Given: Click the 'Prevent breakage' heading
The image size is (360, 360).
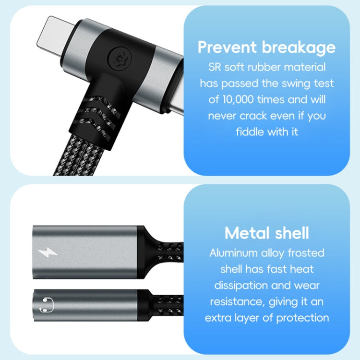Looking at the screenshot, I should pos(266,48).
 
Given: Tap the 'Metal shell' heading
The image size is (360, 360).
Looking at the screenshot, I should pos(266,233).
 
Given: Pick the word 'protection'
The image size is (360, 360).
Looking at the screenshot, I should pos(301,317).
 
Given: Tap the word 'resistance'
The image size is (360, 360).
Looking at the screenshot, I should pos(235,301).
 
